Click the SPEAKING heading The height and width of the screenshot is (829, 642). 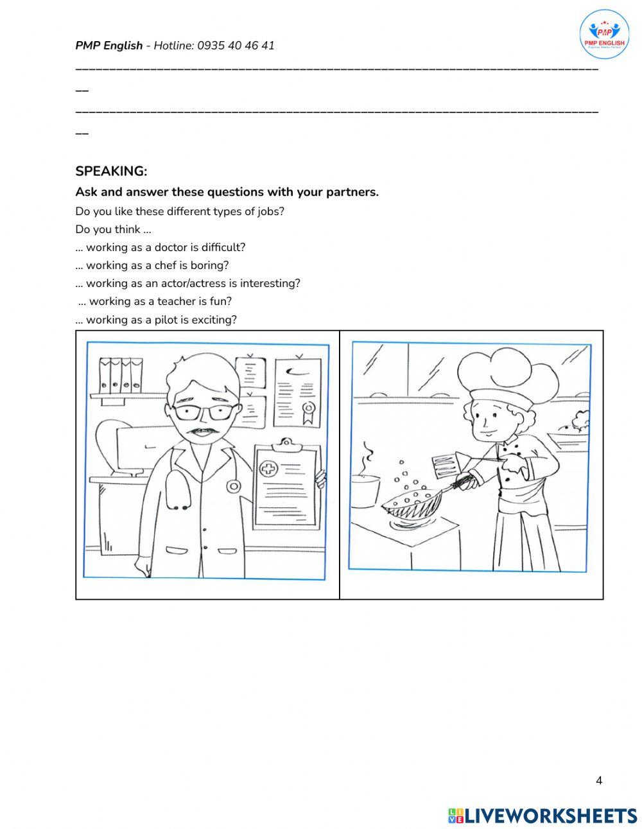pyautogui.click(x=111, y=171)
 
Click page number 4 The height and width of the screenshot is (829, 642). pyautogui.click(x=599, y=781)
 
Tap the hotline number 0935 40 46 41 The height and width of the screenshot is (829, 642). pyautogui.click(x=236, y=46)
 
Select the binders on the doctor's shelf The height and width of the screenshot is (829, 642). pyautogui.click(x=121, y=375)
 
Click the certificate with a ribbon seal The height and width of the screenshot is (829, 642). pyautogui.click(x=298, y=392)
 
